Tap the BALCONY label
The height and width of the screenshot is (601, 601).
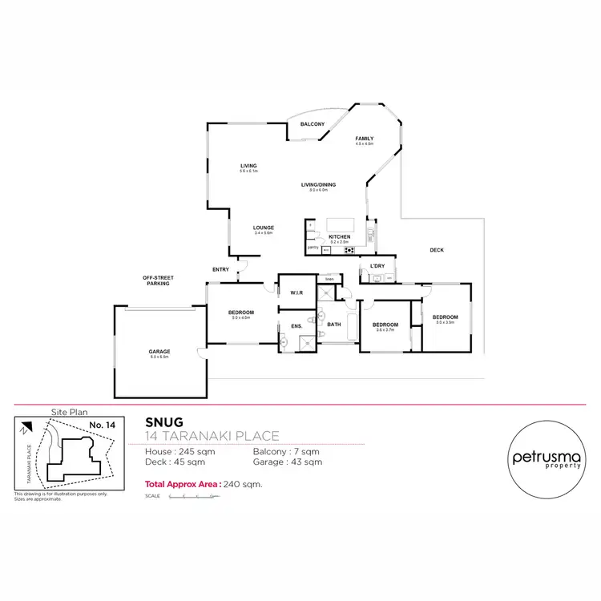[x=313, y=124]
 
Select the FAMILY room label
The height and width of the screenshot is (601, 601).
[x=365, y=139]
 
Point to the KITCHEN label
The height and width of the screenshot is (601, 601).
[x=339, y=236]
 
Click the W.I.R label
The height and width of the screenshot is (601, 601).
[x=296, y=292]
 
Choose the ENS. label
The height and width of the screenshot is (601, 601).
[x=296, y=325]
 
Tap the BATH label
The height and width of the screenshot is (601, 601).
[x=335, y=325]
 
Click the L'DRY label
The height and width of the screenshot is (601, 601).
[x=377, y=266]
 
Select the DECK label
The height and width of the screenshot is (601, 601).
[x=437, y=250]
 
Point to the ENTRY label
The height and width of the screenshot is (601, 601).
[x=220, y=269]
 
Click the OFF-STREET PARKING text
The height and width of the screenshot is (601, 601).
[x=158, y=280]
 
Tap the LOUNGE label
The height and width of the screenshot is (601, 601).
[x=264, y=228]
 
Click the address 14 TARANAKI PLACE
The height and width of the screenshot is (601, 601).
[x=212, y=436]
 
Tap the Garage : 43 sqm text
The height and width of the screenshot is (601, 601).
[x=288, y=462]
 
